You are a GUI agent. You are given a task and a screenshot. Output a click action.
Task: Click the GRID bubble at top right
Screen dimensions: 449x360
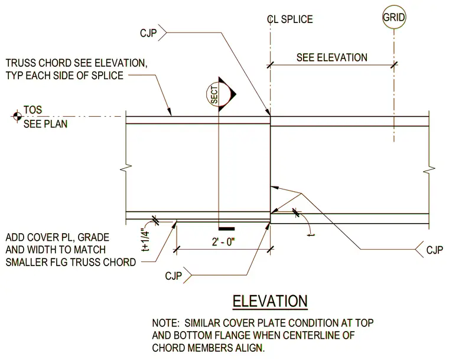coord(394,17)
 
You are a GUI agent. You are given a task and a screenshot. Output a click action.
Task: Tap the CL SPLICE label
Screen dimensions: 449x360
coord(290,19)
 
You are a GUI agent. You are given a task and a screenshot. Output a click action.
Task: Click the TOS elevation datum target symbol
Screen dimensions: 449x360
coord(17,116)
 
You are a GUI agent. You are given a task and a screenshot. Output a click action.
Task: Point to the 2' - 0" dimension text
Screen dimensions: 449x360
coord(223,242)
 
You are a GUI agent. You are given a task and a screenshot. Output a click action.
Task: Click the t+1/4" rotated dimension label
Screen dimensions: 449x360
coord(146,240)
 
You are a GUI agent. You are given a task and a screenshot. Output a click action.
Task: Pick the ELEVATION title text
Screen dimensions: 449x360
coord(270,301)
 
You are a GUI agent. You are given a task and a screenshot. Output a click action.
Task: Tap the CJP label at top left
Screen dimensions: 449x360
coord(148,33)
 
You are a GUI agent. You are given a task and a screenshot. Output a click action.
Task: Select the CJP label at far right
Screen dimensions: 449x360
coord(434,250)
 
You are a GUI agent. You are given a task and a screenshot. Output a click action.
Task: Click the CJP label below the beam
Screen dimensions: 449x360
coord(173,276)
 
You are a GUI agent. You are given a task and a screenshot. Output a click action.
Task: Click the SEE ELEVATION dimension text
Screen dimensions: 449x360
coord(332,57)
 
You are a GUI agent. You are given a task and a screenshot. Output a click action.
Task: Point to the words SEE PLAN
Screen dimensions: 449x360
coord(45,124)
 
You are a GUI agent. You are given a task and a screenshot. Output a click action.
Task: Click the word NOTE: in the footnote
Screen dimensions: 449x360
coord(166,323)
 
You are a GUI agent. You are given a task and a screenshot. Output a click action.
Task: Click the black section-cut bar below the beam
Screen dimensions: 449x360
coord(226,229)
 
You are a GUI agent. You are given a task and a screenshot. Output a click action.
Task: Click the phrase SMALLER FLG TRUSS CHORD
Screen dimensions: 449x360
coord(71,262)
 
